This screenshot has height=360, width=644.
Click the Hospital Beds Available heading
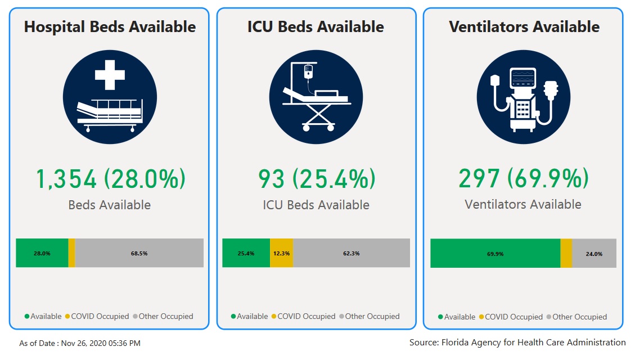[110, 26]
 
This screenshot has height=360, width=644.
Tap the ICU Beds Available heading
[316, 26]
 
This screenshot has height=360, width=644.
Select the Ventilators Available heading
[524, 26]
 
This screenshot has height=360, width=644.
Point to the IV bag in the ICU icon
[308, 71]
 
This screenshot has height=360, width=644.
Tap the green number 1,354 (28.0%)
[110, 179]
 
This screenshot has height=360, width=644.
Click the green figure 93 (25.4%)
[316, 179]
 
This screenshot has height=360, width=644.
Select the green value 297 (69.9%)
[524, 179]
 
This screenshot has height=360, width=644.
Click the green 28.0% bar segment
[42, 253]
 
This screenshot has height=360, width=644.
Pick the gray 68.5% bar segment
[139, 253]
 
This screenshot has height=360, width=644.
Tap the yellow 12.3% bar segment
[281, 253]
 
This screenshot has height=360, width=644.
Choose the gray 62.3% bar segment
[351, 253]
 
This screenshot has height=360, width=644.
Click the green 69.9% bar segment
[495, 254]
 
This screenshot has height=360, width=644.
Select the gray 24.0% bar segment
[594, 254]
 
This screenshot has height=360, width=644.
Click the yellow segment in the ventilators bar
[566, 254]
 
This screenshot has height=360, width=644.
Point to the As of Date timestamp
[80, 343]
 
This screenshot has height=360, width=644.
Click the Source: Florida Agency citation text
[517, 342]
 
